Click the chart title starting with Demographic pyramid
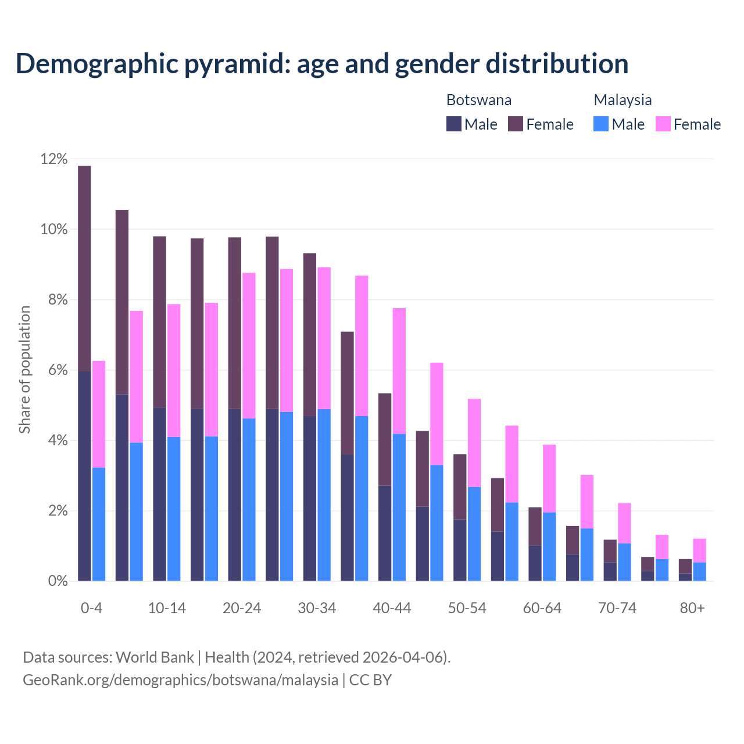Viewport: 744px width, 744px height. (x=322, y=63)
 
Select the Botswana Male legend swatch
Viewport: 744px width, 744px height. (x=454, y=124)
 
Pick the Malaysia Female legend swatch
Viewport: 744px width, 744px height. (x=663, y=124)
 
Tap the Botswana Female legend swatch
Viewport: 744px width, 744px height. (x=516, y=124)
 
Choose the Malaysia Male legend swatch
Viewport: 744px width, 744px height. (x=601, y=124)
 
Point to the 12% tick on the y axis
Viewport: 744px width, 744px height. (x=54, y=159)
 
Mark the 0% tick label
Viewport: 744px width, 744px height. (x=58, y=581)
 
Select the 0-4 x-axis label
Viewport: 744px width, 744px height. (x=91, y=608)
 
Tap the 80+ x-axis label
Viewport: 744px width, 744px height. (x=692, y=608)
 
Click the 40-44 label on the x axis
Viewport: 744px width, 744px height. (x=392, y=608)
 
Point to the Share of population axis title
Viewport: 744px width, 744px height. (x=24, y=370)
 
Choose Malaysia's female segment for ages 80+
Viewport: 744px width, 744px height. (x=699, y=550)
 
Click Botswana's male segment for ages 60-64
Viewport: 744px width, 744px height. (x=535, y=563)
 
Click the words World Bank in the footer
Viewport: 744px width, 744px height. (x=155, y=657)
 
